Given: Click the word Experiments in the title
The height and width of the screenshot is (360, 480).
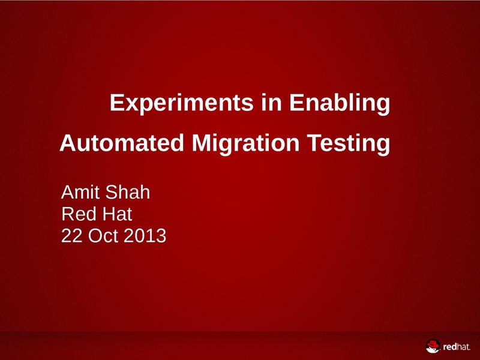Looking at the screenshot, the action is (182, 103).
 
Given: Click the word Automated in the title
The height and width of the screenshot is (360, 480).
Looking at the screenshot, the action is (122, 143).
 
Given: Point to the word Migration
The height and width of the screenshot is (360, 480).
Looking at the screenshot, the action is (245, 144).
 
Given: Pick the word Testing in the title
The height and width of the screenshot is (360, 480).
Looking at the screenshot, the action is (349, 144).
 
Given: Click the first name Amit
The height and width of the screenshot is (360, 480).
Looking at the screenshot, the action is (80, 192).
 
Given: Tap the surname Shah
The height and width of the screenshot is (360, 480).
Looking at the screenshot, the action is (128, 192).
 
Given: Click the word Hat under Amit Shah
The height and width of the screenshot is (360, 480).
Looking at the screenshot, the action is (117, 214).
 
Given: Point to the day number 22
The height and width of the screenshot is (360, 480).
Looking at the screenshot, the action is (72, 236).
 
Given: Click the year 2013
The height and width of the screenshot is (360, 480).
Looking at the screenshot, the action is (145, 236).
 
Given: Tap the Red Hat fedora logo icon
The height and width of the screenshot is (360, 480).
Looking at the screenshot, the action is (433, 346).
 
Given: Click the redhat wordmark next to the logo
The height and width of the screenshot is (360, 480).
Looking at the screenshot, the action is (457, 347).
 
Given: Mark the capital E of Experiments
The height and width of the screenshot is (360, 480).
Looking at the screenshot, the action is (116, 103).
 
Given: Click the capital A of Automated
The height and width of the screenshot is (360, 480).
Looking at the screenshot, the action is (68, 143).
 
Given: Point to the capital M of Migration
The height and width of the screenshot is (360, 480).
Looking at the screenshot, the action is (202, 143).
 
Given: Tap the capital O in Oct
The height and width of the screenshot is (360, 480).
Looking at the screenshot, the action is (95, 236).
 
